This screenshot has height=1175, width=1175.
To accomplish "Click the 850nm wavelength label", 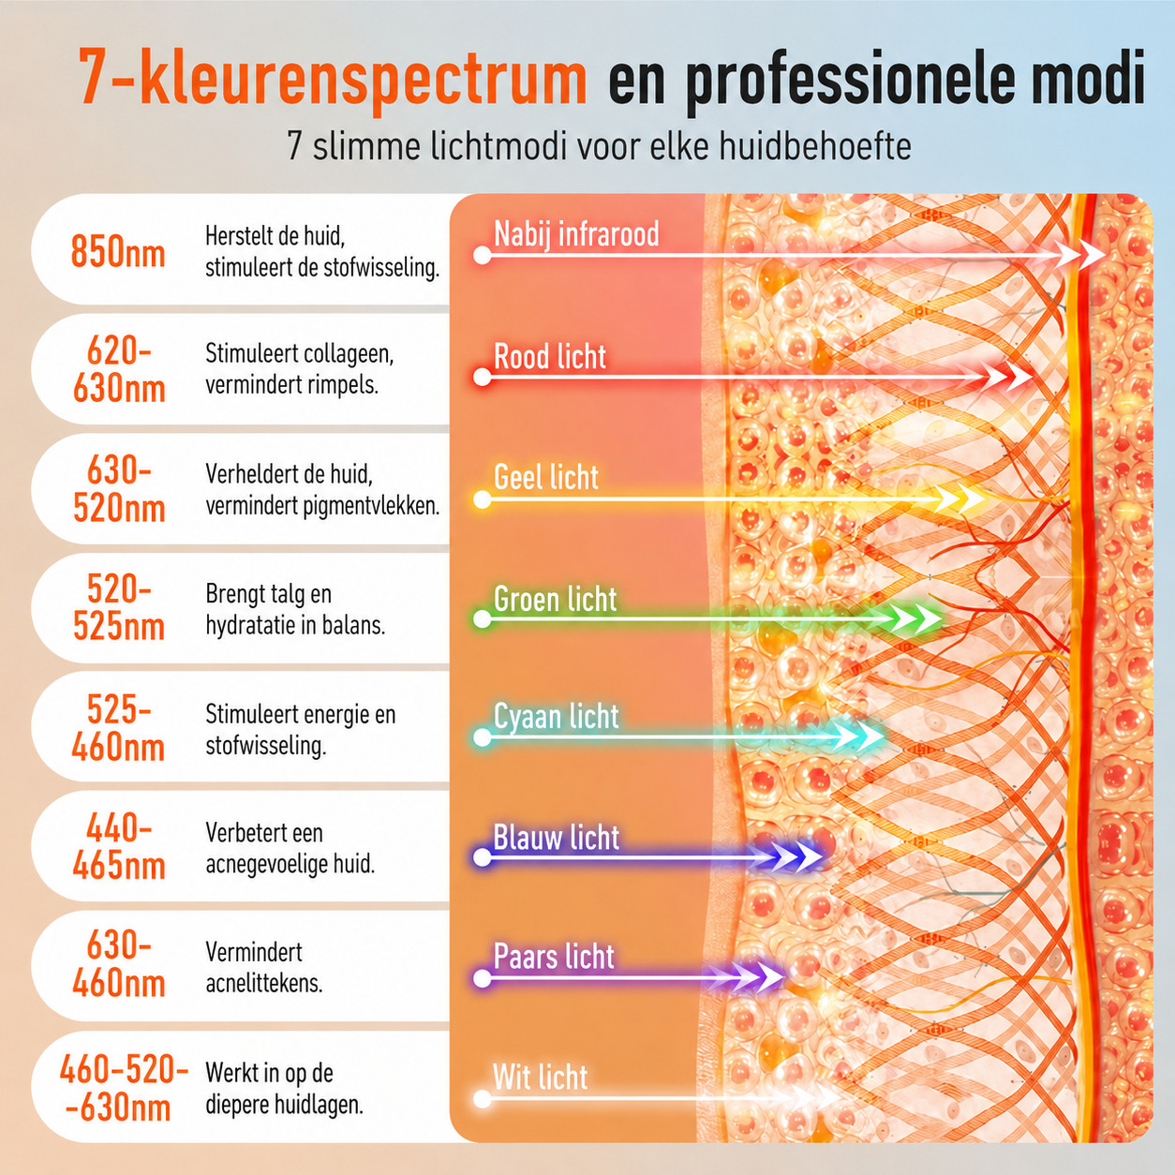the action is point(118,251).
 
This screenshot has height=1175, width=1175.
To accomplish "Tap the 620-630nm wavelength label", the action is point(119,369).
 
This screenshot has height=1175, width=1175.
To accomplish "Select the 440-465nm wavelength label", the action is point(119,846).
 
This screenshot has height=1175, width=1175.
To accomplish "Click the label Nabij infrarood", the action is point(576,233).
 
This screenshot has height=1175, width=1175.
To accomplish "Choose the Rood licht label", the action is point(550,356).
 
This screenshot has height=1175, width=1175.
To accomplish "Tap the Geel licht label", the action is point(545,477).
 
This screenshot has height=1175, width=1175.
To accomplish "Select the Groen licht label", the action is point(555,599).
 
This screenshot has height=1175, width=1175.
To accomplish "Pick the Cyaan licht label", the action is point(556,716).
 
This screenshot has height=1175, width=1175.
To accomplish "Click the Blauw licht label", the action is point(556,837).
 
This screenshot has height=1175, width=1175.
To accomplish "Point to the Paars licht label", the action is point(554,956).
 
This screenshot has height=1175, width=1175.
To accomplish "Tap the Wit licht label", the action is point(541,1077).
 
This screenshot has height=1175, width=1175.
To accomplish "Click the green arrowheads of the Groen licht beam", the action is point(915,619).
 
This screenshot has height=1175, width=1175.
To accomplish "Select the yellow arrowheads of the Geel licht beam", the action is point(959,499).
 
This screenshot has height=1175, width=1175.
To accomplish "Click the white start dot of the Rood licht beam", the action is point(483,378).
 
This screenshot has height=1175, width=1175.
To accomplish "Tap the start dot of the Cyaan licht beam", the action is point(483,737).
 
